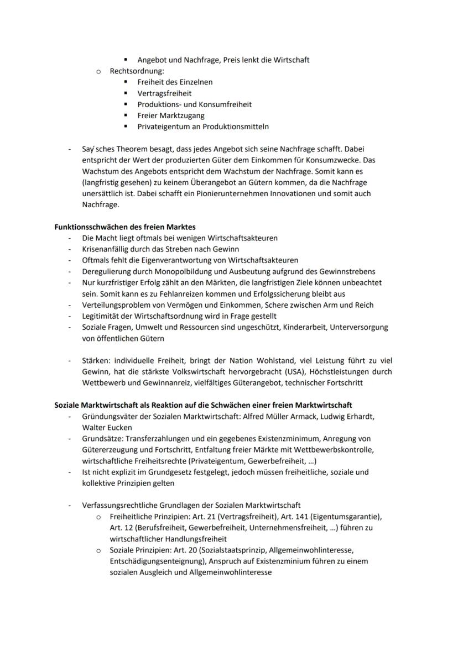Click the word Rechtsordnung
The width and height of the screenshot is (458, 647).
pos(136,71)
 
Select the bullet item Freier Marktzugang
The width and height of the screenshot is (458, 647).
pos(171,115)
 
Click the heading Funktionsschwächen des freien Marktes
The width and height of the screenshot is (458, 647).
pos(125,227)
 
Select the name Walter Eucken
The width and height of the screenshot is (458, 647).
pos(107,427)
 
